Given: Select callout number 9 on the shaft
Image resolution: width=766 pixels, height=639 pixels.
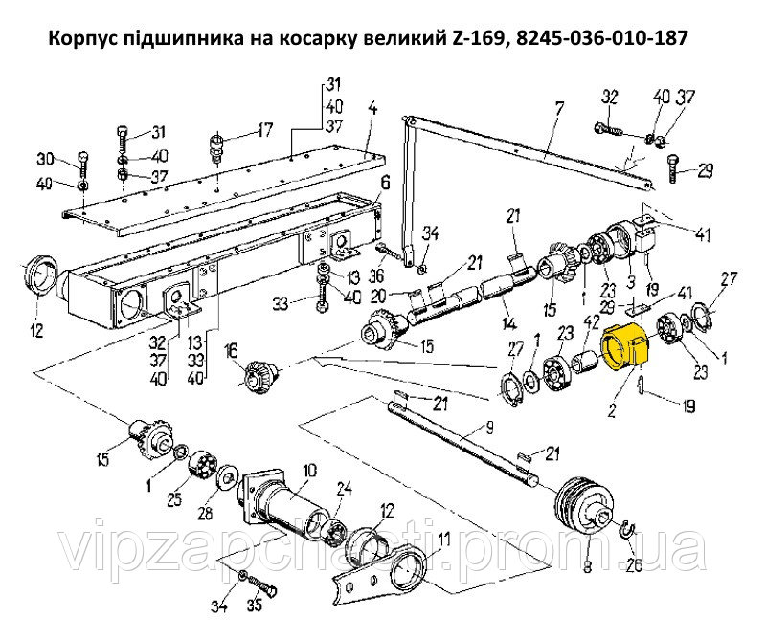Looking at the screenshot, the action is pyautogui.click(x=489, y=429).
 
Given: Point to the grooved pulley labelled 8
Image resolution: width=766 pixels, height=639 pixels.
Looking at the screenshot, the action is pyautogui.click(x=586, y=509).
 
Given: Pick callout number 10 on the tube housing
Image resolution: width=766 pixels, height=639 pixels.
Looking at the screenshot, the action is pyautogui.click(x=308, y=471).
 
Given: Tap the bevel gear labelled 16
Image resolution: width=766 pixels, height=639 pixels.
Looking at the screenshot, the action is pyautogui.click(x=259, y=375).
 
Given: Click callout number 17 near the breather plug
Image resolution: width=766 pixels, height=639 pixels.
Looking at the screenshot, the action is pyautogui.click(x=264, y=129).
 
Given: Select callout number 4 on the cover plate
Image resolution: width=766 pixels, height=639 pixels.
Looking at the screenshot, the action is pyautogui.click(x=372, y=108).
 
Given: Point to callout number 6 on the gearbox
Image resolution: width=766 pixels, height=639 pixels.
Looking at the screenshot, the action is pyautogui.click(x=385, y=184).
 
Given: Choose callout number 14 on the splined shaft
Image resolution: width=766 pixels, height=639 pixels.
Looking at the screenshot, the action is pyautogui.click(x=509, y=324).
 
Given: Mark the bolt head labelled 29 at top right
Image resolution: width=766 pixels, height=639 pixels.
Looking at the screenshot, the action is pyautogui.click(x=673, y=167).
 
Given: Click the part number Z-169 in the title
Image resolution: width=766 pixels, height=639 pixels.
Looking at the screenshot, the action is pyautogui.click(x=474, y=38).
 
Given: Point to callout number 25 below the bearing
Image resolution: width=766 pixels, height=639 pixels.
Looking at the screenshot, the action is pyautogui.click(x=174, y=499).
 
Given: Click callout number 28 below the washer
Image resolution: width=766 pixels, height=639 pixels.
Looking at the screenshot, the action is pyautogui.click(x=206, y=513).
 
